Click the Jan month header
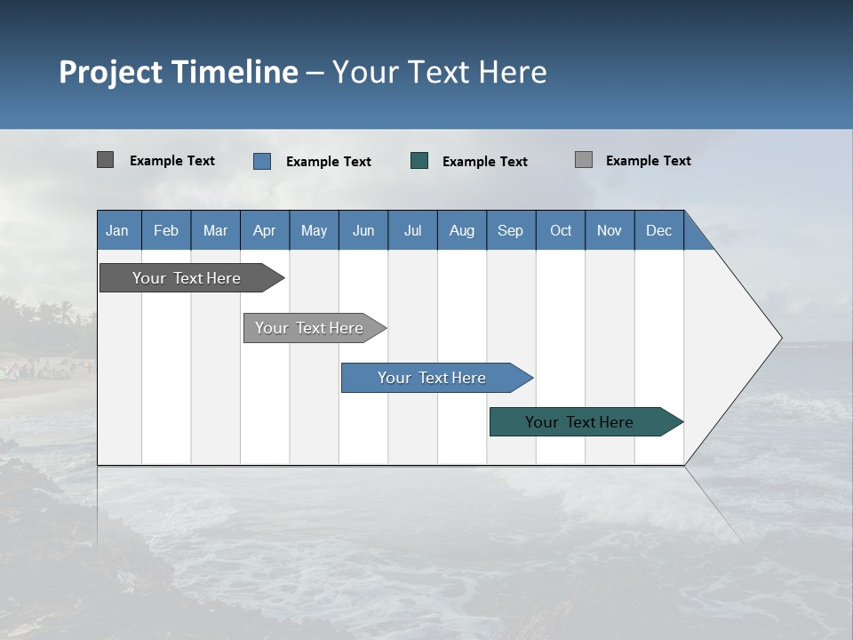117,230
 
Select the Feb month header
166,230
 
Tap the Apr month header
264,230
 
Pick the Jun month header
363,230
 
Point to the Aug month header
461,230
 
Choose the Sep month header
510,230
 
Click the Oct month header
561,230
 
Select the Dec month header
658,230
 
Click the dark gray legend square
105,160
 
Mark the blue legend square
262,161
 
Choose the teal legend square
419,161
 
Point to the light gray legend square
584,160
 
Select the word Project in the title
110,72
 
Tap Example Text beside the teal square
484,162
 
